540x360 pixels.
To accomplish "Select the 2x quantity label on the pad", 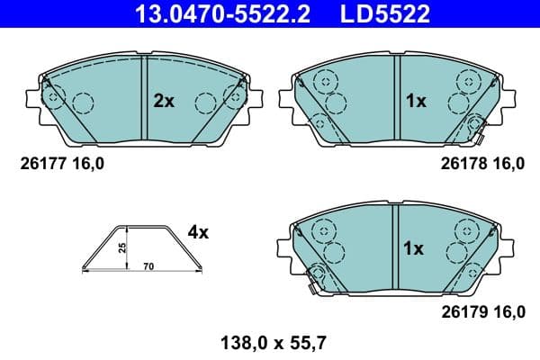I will [x=163, y=102].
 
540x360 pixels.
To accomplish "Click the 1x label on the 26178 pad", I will [x=415, y=102].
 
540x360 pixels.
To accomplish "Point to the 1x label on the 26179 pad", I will [x=415, y=248].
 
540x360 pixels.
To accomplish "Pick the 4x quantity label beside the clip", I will [x=198, y=232].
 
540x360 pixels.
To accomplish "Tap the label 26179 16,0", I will [x=482, y=312].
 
